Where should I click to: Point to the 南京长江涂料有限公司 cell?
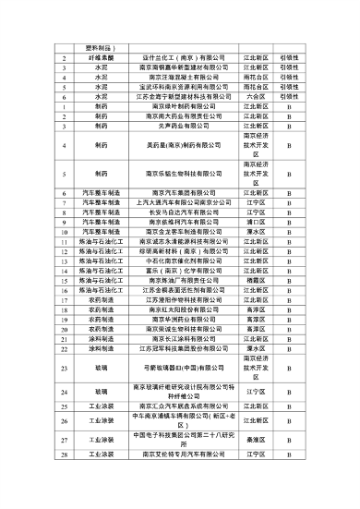click(x=181, y=338)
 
